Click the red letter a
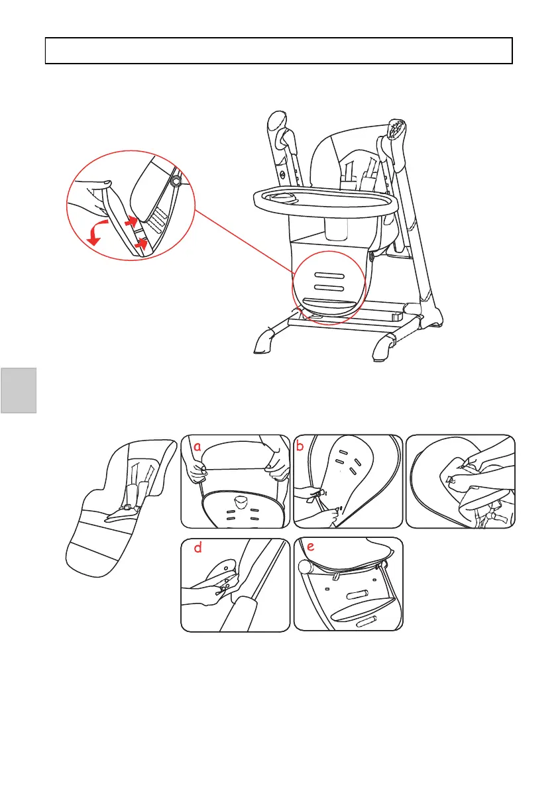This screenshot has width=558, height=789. tap(197, 447)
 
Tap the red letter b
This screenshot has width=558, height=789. tap(300, 446)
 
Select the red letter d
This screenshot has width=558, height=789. tap(197, 549)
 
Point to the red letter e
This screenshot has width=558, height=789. tap(310, 547)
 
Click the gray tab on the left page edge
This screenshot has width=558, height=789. tap(18, 390)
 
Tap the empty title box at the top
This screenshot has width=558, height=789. tap(279, 50)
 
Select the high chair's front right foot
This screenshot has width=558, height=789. tap(382, 348)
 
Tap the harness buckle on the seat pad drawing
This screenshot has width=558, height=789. tap(126, 508)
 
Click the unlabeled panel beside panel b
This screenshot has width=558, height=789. tap(460, 481)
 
